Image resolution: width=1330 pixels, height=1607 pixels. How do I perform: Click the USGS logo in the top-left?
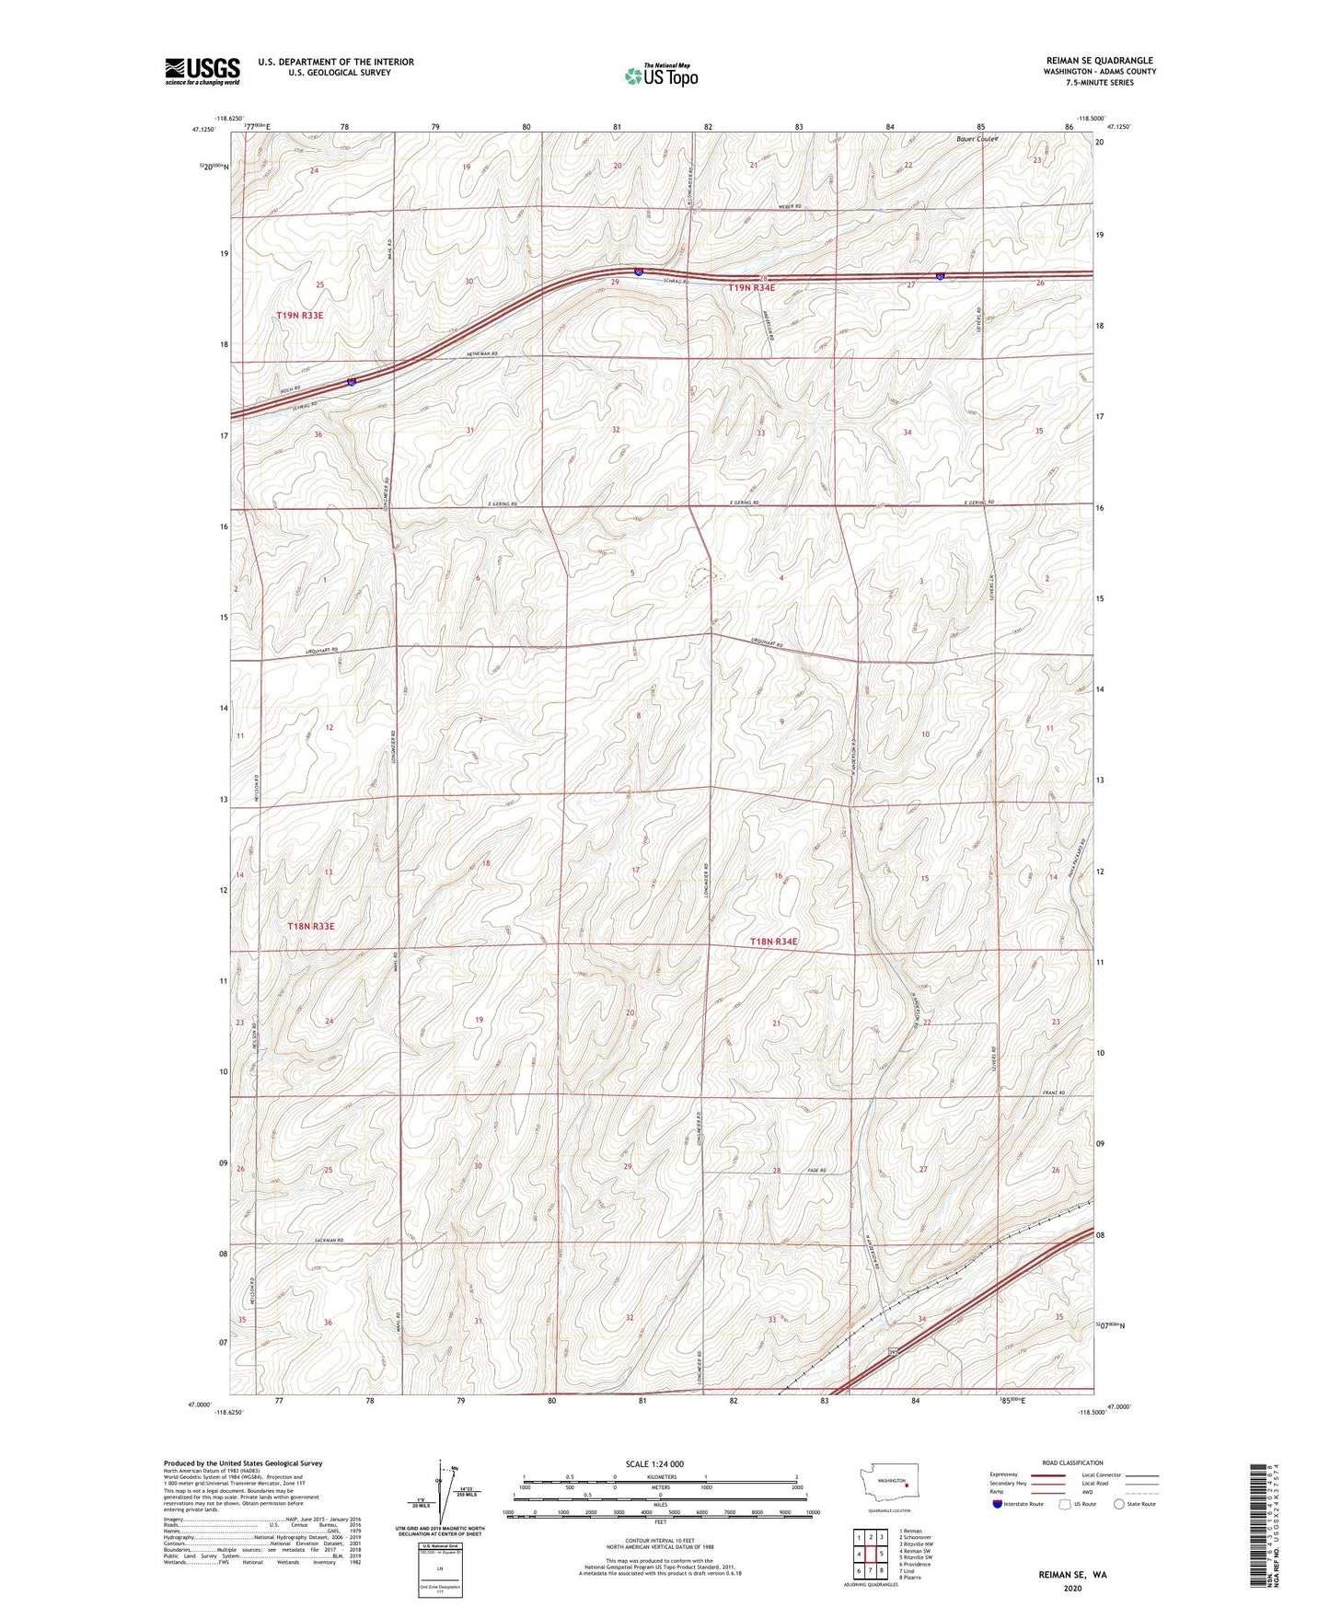202,71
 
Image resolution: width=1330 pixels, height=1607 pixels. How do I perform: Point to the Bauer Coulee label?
977,140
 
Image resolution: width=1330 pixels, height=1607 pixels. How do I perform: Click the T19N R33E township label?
300,316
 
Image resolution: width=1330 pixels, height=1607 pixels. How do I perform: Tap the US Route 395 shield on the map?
891,1351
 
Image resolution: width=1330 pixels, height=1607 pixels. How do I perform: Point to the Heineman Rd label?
481,354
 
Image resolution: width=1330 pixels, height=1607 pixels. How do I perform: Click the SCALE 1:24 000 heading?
654,1464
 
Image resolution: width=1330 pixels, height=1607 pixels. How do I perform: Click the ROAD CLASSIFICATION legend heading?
1073,1462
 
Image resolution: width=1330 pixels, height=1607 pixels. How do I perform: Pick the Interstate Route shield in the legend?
998,1504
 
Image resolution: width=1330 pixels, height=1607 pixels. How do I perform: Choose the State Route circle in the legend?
1119,1504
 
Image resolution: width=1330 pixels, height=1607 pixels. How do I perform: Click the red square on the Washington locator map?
907,1485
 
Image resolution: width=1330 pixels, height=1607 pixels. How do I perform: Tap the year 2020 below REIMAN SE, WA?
1072,1588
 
